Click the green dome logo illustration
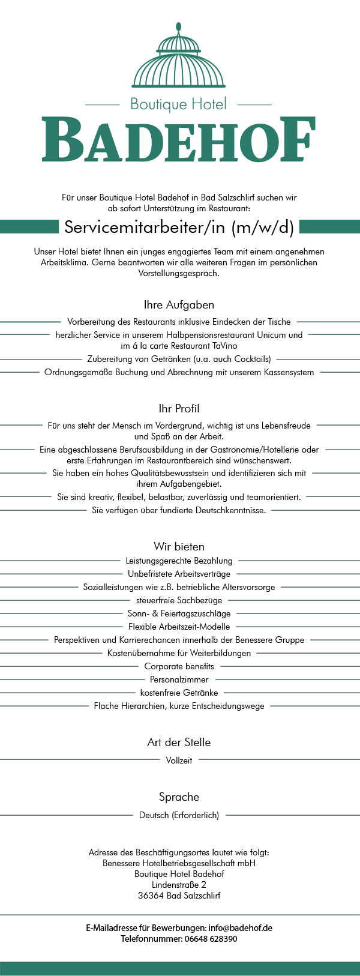(179, 58)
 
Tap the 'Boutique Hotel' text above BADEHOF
(179, 104)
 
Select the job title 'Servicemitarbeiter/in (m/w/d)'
(179, 227)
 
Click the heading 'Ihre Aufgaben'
(179, 305)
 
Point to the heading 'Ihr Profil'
(179, 409)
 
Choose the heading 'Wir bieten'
(179, 546)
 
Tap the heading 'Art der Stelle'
(179, 743)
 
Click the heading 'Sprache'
(179, 797)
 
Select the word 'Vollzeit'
(179, 760)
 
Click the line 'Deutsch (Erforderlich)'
(179, 815)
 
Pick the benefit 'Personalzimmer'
(179, 679)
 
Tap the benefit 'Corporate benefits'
(179, 666)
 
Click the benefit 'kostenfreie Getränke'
(179, 693)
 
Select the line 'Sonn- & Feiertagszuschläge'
(179, 613)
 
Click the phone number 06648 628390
(211, 939)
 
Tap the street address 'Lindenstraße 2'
(179, 885)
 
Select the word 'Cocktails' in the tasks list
(250, 359)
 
